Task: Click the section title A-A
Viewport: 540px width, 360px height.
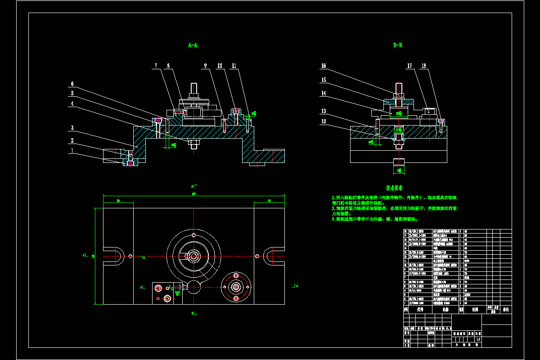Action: [x=193, y=45]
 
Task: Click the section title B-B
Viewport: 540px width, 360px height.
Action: [x=397, y=45]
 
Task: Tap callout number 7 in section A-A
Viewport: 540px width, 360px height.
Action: [x=156, y=66]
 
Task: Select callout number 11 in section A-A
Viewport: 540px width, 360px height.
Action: [x=234, y=66]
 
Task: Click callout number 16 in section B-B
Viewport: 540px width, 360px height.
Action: [x=323, y=66]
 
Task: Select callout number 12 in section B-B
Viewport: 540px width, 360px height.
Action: [x=323, y=121]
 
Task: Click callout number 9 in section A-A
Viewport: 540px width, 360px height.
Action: [x=205, y=66]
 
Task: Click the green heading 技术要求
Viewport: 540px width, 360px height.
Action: [x=394, y=188]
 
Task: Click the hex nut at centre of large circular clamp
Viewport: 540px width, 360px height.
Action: [x=193, y=256]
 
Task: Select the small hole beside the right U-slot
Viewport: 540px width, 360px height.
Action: [x=257, y=256]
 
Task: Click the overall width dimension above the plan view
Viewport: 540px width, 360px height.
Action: [x=193, y=194]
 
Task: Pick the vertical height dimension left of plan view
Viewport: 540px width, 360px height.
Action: [x=94, y=256]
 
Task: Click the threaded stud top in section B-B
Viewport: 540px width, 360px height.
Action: [x=399, y=85]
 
